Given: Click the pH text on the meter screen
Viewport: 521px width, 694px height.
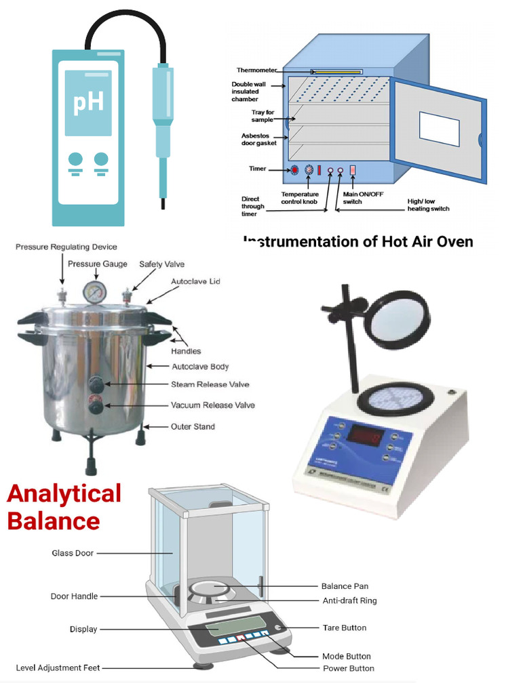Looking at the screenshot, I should [88, 102].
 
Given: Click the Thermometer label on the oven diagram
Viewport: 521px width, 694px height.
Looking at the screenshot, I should [257, 70].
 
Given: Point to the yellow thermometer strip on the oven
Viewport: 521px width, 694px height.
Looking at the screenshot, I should [337, 71].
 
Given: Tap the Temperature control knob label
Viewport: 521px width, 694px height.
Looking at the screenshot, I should [300, 198].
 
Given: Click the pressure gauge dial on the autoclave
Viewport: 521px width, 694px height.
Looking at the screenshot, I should [94, 293].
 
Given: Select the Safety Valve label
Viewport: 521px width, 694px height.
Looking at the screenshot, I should [161, 264].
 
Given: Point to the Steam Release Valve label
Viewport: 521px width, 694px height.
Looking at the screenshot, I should [210, 384].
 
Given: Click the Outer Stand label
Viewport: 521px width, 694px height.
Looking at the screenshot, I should [193, 426].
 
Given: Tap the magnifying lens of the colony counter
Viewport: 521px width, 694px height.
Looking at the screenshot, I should [403, 319].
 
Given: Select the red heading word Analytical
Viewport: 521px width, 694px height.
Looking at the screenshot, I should [64, 493].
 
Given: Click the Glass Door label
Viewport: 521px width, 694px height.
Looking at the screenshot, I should [73, 553].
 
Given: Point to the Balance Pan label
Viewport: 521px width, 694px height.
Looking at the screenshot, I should [345, 586].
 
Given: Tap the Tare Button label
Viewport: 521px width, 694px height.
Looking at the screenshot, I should [344, 628].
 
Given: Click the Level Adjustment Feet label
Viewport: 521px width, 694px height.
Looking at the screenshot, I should [58, 668].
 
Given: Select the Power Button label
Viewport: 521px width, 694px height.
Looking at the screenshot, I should [348, 668].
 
